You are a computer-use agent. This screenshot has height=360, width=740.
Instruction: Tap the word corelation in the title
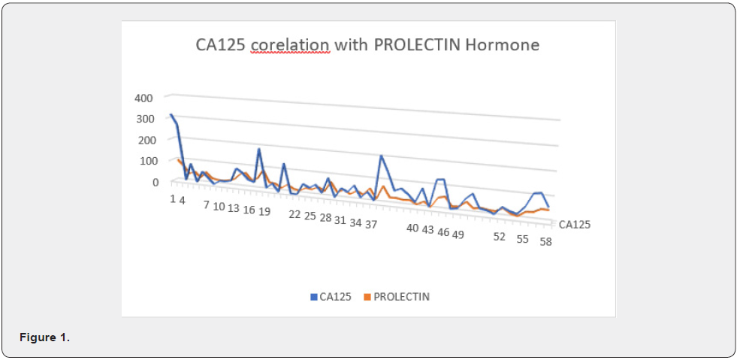(290, 45)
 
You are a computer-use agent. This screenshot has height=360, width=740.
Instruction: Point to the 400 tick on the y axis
(143, 98)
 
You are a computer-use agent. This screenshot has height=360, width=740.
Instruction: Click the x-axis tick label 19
(264, 212)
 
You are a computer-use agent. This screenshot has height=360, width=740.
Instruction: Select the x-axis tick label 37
(371, 224)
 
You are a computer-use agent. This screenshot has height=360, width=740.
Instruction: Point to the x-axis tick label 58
(545, 243)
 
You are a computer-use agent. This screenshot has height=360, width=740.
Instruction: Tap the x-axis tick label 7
(207, 205)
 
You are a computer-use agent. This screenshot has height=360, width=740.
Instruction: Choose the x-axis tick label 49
(458, 234)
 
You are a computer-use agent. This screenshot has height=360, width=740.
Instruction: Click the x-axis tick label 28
(325, 218)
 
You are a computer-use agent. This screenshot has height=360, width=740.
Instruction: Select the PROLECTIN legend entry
(401, 297)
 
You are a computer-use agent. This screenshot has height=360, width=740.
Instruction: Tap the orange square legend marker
(367, 297)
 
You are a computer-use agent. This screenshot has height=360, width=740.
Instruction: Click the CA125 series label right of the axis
(574, 224)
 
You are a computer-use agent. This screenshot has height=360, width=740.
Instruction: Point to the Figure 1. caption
(44, 337)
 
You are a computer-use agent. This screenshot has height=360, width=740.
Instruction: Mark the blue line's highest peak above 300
(171, 115)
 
